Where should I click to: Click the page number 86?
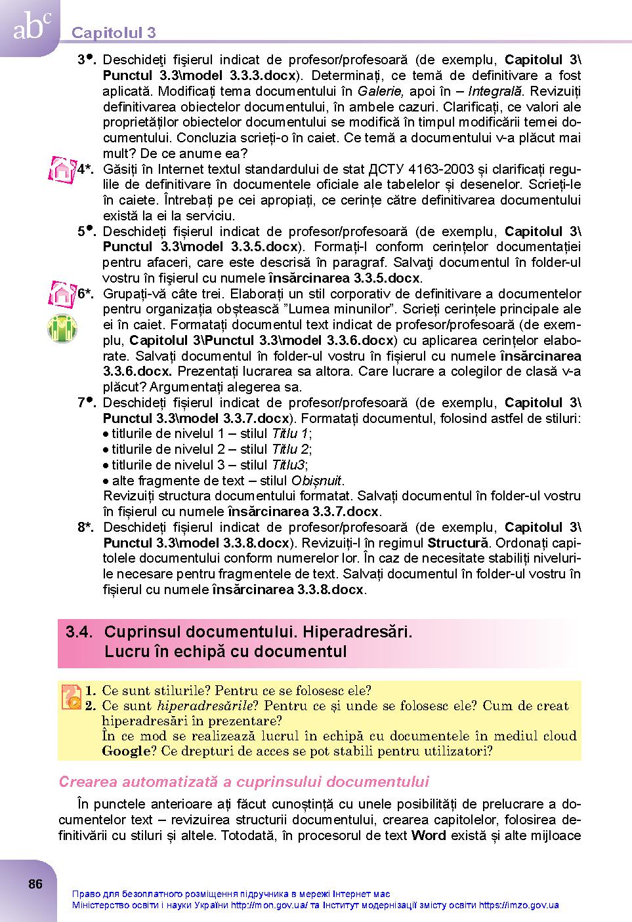(35, 884)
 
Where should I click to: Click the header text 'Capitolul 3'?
(114, 33)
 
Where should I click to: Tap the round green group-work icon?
(62, 328)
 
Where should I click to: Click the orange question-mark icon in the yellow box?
(71, 697)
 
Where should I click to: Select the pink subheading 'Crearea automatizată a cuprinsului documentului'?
(243, 782)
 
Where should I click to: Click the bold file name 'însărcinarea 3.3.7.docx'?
(304, 511)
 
